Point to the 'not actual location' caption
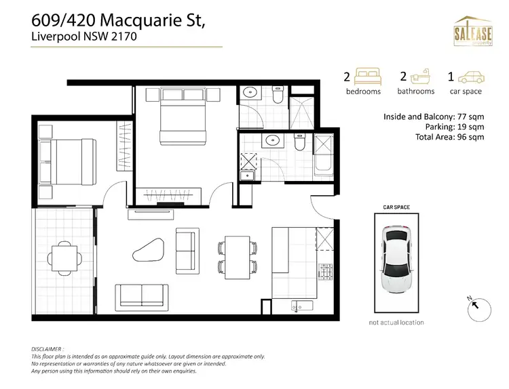coord(396,322)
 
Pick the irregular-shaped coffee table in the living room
coord(149,250)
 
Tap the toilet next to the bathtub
coord(299,144)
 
